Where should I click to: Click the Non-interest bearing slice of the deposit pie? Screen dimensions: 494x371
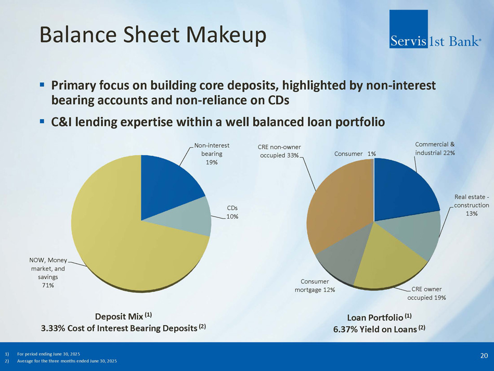(x=167, y=189)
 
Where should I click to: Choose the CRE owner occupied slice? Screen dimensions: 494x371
(x=387, y=262)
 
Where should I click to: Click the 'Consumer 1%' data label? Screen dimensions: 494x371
(x=355, y=154)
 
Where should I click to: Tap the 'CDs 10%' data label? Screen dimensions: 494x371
(x=232, y=212)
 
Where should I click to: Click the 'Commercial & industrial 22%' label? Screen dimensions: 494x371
(x=435, y=148)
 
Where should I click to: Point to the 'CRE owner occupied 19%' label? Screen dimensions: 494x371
(x=426, y=293)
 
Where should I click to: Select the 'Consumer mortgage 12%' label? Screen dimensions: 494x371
(x=315, y=286)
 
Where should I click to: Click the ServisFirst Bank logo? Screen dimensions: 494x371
(x=435, y=29)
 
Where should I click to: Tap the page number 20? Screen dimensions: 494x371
(x=484, y=355)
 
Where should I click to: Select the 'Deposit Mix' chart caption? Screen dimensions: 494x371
(x=123, y=316)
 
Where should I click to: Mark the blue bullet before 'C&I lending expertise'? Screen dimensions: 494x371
(x=42, y=121)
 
